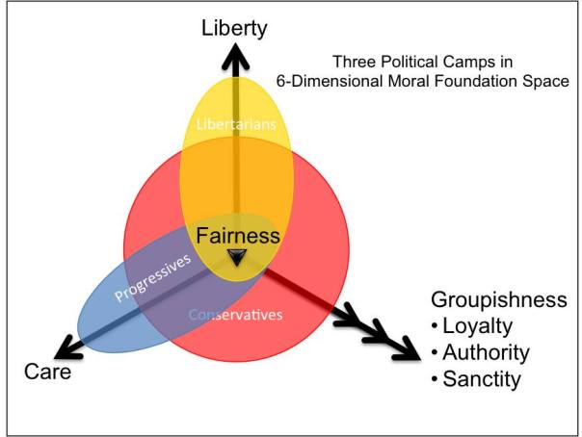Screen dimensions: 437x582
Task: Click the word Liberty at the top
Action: point(234,27)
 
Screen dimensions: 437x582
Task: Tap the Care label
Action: point(48,372)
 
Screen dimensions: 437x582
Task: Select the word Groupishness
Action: point(498,299)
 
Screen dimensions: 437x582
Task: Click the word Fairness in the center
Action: point(237,235)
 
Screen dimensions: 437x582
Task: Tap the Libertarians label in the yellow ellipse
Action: point(236,125)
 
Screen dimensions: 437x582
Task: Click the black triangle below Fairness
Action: point(237,257)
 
